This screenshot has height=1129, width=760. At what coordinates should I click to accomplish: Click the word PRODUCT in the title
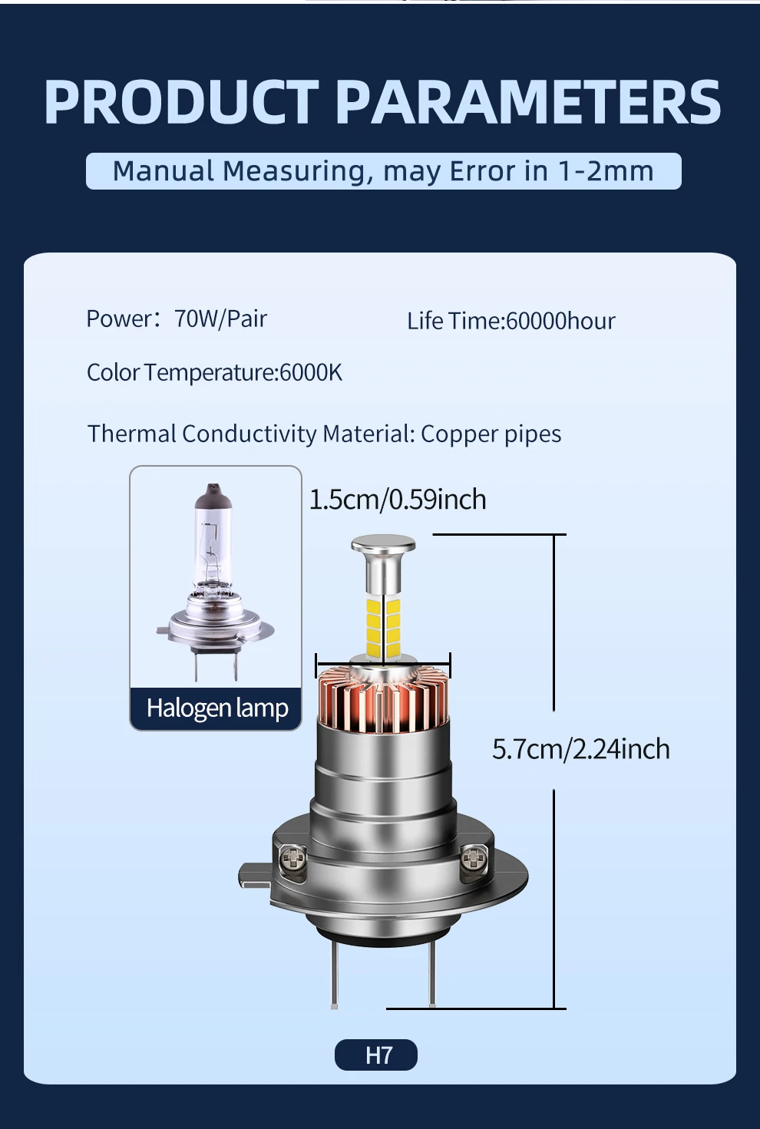181,102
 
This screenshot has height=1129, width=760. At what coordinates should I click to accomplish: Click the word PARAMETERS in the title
528,102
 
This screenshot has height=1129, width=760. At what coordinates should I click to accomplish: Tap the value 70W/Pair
220,319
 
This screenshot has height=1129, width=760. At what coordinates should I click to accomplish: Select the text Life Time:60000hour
511,321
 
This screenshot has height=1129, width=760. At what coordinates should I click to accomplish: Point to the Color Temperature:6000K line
214,373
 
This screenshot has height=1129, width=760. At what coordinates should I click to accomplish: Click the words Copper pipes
491,434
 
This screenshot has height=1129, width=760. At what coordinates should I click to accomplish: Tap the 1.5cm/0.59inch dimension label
397,500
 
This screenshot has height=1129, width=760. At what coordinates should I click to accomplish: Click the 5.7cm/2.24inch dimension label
580,749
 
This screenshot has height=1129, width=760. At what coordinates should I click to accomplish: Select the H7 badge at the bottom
376,1055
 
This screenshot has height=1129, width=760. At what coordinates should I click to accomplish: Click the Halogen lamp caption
216,708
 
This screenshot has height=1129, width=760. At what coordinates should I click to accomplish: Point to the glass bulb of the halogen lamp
213,537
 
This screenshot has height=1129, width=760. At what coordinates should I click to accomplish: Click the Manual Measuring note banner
383,171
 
